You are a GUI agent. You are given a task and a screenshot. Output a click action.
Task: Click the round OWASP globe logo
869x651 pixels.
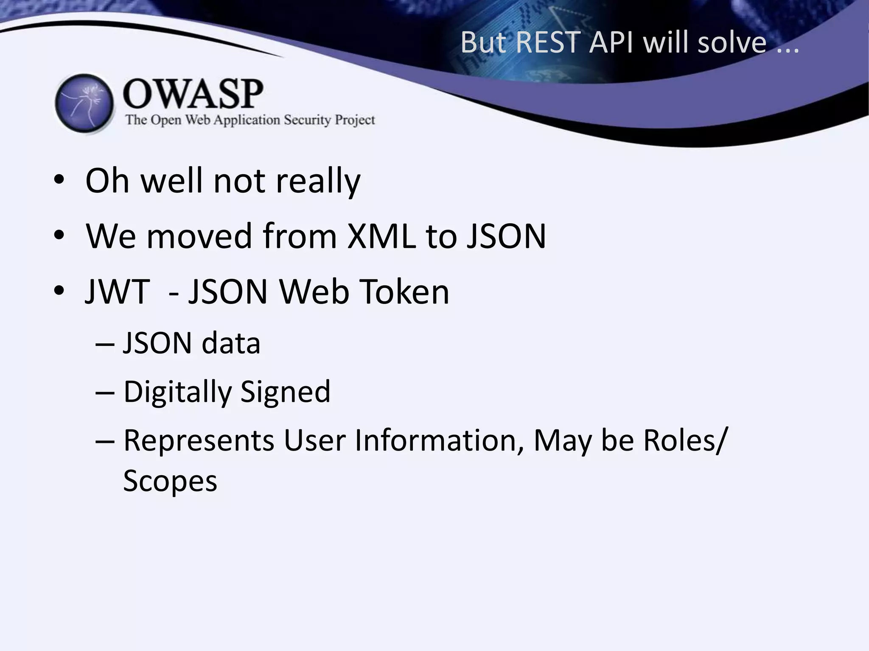(84, 103)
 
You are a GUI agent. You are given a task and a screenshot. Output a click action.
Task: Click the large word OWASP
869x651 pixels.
(193, 94)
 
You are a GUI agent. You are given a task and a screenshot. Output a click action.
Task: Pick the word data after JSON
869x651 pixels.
(231, 343)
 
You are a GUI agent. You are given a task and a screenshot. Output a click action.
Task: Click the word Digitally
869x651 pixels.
(177, 392)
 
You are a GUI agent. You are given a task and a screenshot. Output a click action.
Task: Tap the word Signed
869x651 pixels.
(286, 392)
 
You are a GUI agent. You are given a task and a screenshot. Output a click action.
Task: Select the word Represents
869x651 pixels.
(199, 441)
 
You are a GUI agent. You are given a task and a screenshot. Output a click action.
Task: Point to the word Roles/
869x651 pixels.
(685, 441)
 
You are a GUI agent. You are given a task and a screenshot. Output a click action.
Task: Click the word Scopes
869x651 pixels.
(170, 481)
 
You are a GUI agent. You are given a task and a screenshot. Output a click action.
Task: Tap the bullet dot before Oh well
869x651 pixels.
(59, 180)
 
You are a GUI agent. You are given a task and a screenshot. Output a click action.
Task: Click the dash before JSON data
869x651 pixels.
(105, 344)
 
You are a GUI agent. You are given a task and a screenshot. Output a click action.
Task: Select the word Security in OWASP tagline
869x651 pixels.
(307, 120)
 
